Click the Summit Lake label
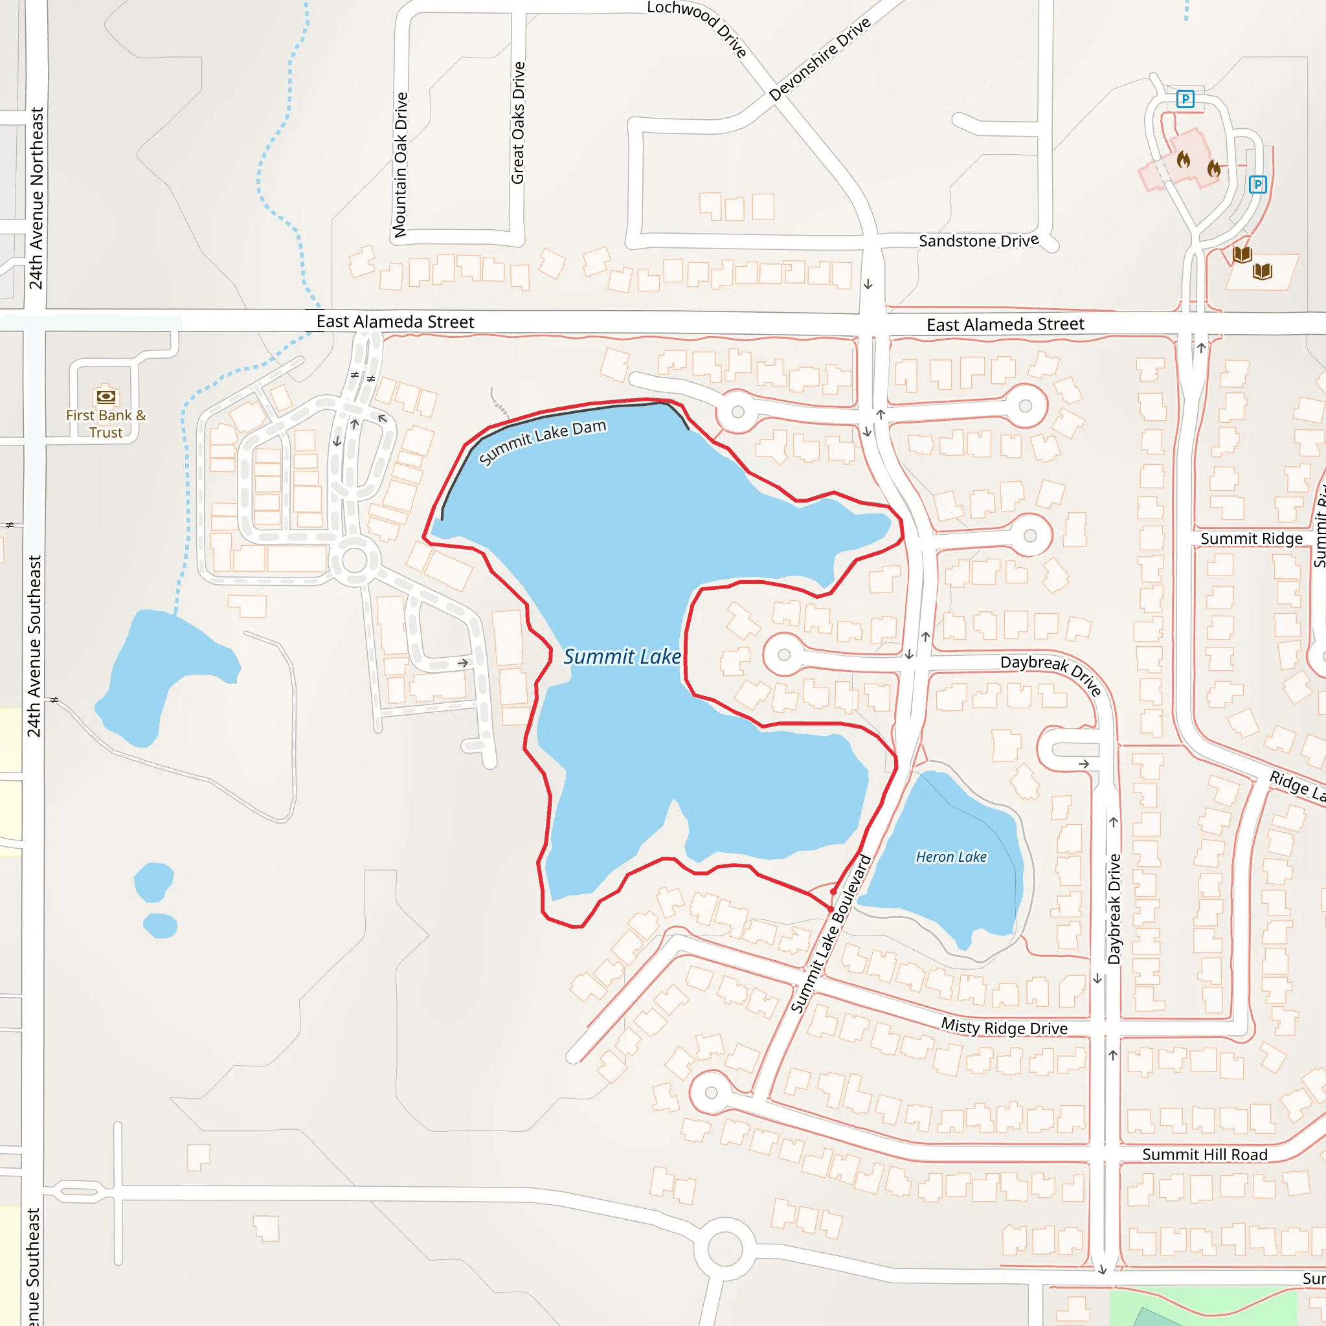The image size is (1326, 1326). [x=622, y=657]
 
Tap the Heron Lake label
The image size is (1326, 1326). [x=951, y=857]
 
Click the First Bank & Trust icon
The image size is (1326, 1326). [x=106, y=396]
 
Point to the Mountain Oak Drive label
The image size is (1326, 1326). [x=400, y=164]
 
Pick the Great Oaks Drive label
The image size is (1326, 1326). [x=518, y=123]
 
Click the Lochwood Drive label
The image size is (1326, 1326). [x=697, y=27]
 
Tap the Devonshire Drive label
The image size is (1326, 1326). [x=820, y=59]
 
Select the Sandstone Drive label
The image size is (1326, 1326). [x=978, y=241]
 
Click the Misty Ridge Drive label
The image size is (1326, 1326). [x=1004, y=1028]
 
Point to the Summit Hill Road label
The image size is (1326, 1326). [x=1204, y=1154]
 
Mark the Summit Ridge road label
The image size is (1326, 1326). [x=1251, y=539]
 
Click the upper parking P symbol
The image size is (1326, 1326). [x=1186, y=100]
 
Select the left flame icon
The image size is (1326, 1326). [x=1184, y=160]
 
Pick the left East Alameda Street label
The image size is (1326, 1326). [x=395, y=322]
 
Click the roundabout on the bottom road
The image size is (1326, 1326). [x=725, y=1248]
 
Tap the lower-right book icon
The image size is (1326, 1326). [x=1262, y=271]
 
